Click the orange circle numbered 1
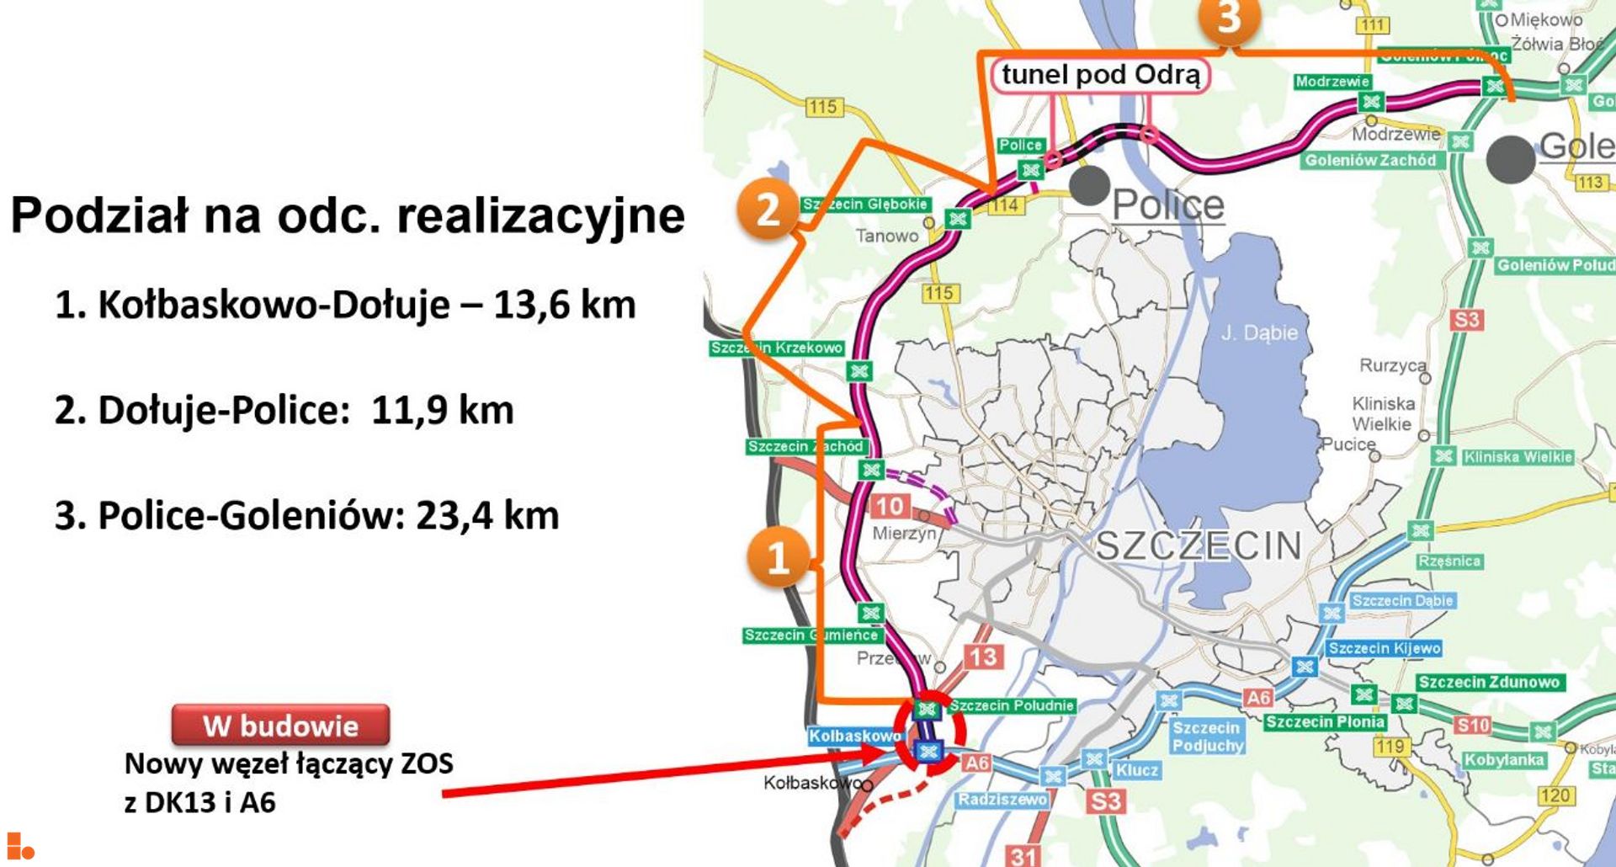click(x=779, y=556)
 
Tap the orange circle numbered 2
click(x=767, y=209)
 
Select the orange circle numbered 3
click(x=1229, y=17)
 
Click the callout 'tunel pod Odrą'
click(x=1101, y=75)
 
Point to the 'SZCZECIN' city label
click(x=1199, y=546)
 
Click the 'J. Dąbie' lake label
click(x=1259, y=333)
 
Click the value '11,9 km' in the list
click(x=442, y=411)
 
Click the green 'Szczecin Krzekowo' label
click(x=776, y=348)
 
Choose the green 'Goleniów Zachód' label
click(x=1370, y=160)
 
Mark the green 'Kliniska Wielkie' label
click(x=1518, y=457)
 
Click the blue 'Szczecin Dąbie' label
click(x=1402, y=601)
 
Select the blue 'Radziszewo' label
click(x=1002, y=800)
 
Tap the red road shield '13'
click(x=983, y=657)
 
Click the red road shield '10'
click(x=890, y=506)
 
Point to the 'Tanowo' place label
click(x=887, y=237)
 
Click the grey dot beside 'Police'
click(x=1089, y=185)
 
